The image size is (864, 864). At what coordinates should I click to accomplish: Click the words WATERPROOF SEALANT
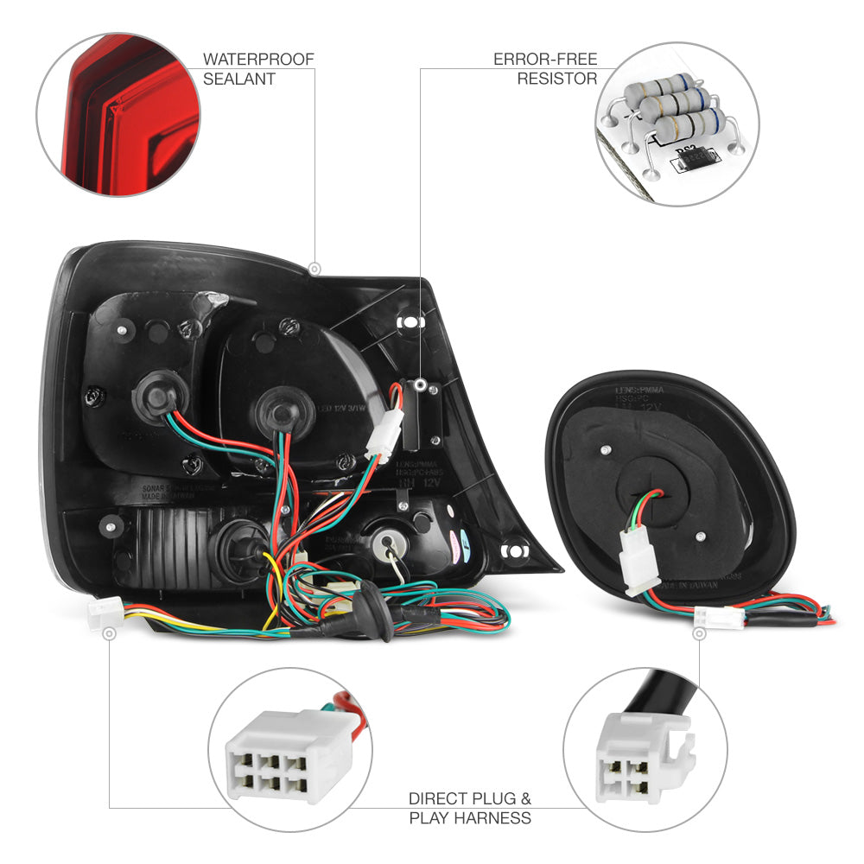(x=258, y=69)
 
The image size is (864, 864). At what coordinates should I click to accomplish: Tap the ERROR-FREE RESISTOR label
(x=544, y=69)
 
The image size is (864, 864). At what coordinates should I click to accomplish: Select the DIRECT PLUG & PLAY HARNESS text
(x=470, y=808)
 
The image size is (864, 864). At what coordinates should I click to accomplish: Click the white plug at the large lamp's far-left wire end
(x=103, y=613)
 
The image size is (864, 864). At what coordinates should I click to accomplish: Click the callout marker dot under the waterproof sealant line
(x=314, y=267)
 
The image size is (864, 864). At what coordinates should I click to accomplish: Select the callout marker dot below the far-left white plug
(x=109, y=634)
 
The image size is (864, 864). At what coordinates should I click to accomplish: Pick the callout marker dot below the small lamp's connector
(x=698, y=634)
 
